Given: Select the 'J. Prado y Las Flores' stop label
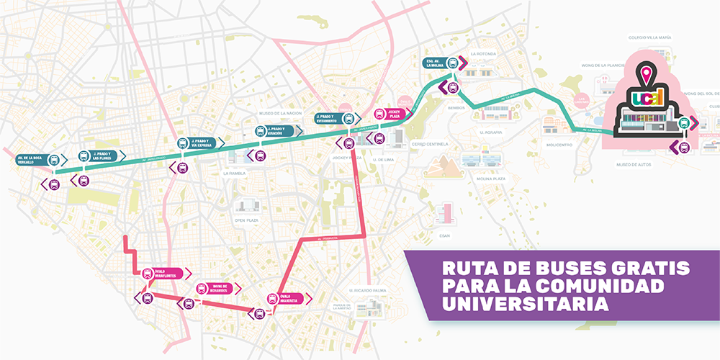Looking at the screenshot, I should (x=100, y=156).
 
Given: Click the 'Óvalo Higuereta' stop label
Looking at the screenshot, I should (x=284, y=297).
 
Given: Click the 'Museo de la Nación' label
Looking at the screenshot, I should (x=279, y=113).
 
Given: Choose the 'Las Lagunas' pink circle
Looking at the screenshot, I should (x=581, y=100).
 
